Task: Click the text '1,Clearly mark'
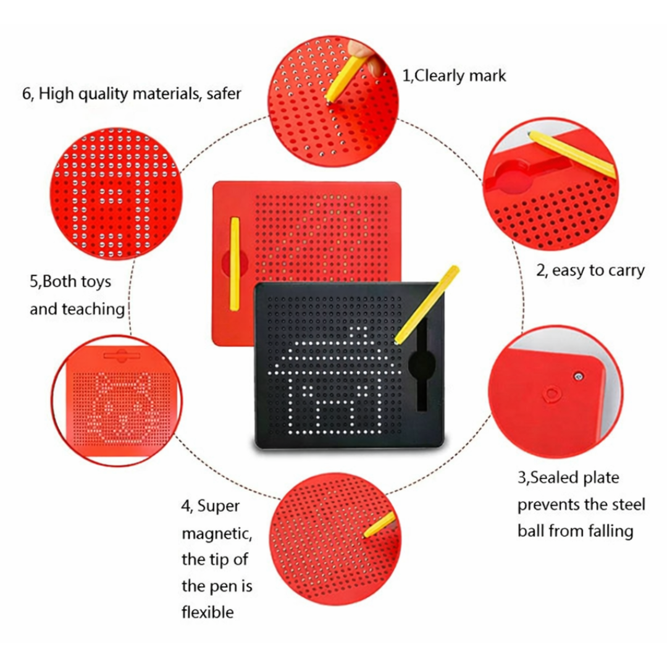pyautogui.click(x=454, y=76)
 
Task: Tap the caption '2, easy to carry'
pyautogui.click(x=590, y=270)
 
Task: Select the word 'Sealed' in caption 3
pyautogui.click(x=555, y=477)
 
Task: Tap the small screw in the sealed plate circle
pyautogui.click(x=579, y=375)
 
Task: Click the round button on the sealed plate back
pyautogui.click(x=550, y=393)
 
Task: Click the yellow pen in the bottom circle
pyautogui.click(x=379, y=525)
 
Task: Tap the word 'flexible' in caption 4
pyautogui.click(x=208, y=612)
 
